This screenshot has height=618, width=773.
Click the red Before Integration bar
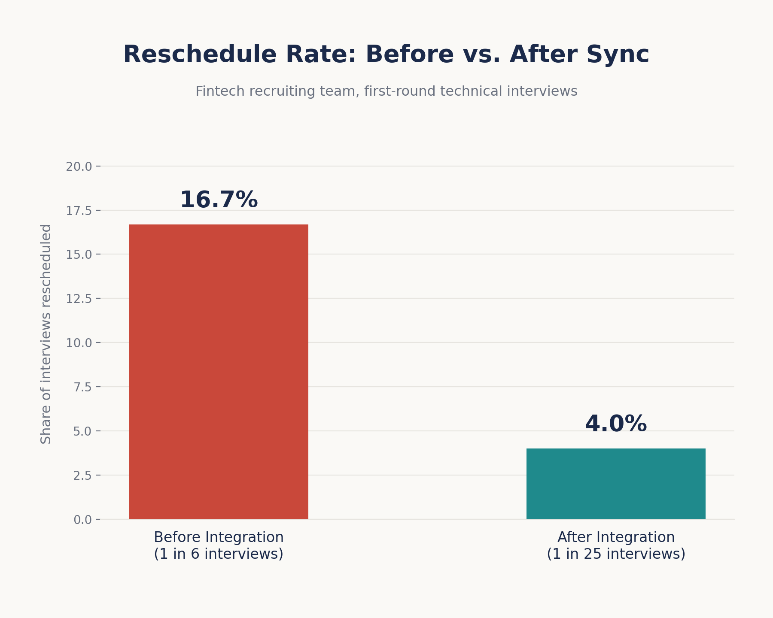pos(219,372)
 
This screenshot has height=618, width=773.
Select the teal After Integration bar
pos(616,484)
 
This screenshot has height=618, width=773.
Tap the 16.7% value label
pos(219,200)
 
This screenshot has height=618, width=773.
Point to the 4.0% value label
pos(616,424)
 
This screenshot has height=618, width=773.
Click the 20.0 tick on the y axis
pos(79,167)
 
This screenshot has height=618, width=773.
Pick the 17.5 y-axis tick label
pos(79,211)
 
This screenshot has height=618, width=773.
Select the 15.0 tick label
pos(79,254)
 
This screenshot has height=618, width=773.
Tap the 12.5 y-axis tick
pos(79,299)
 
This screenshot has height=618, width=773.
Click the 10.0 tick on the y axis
pos(79,343)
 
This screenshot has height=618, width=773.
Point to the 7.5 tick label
pos(82,387)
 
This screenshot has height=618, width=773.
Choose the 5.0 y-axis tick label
pos(82,431)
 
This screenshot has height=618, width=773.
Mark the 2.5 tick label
pos(82,476)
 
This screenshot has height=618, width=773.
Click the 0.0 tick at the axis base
pos(82,520)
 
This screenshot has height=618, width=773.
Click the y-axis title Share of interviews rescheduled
pos(46,334)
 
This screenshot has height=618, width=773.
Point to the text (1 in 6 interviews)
pos(219,554)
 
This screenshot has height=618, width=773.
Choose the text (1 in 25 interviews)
pos(616,554)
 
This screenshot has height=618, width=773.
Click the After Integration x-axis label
pos(616,537)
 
